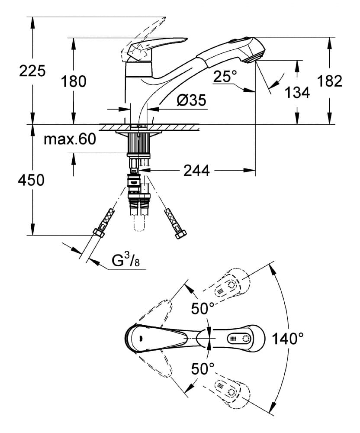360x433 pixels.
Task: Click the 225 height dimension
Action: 32,71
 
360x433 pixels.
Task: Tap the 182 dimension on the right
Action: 329,81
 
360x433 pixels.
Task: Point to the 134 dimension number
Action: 298,92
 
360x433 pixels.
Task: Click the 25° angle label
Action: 225,77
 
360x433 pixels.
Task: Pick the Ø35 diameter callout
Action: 191,101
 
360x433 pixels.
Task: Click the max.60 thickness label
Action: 70,139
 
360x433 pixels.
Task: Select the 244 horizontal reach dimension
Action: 196,171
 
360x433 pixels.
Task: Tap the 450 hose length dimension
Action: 32,180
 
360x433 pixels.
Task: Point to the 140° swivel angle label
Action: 288,338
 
